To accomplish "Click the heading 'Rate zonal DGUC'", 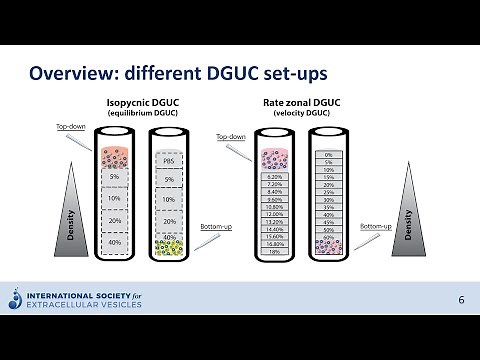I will tap(302, 103).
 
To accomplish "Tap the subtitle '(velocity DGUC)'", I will tap(302, 114).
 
